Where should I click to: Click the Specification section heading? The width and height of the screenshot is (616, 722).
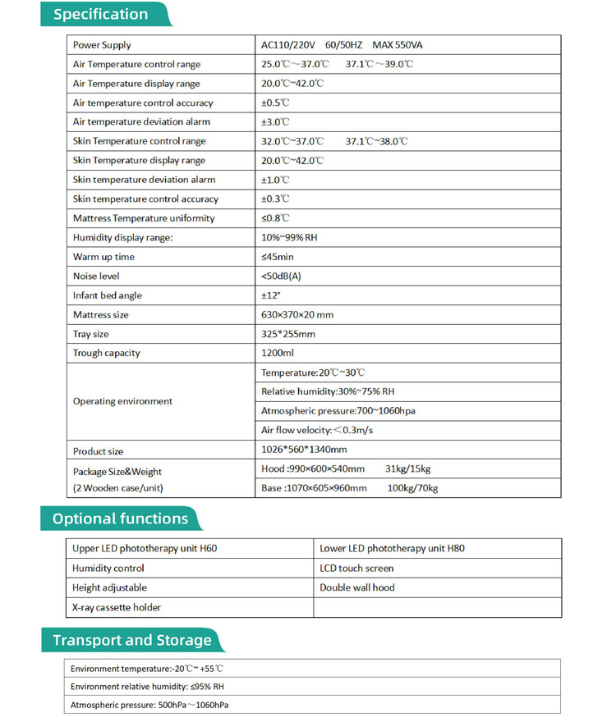101,15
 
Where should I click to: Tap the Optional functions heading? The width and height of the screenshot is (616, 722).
120,519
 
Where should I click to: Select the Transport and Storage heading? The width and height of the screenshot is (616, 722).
131,641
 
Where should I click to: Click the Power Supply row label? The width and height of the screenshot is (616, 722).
102,45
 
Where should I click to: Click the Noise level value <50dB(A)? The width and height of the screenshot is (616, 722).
281,276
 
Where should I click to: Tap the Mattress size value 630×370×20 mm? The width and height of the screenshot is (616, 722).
297,315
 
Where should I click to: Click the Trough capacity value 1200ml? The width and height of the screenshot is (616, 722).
278,354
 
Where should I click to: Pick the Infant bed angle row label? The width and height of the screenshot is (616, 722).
108,295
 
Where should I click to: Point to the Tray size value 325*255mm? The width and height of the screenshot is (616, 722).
287,334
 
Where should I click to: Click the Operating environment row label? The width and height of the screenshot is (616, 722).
122,401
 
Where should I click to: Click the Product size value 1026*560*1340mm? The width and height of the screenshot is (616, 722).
304,450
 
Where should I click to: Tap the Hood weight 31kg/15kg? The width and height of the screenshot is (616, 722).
407,469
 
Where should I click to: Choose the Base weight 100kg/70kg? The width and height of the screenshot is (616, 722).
412,489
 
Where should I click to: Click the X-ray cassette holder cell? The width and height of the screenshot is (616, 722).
117,608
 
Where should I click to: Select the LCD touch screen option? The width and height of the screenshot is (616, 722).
356,569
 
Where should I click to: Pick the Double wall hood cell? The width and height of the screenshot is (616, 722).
356,588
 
